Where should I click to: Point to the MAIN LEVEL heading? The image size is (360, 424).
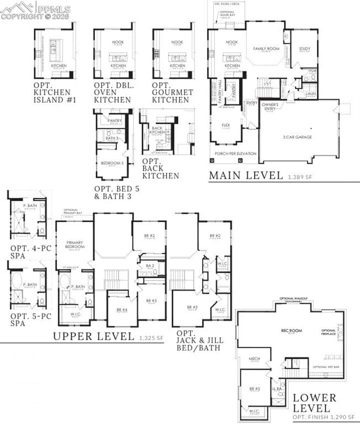click(x=246, y=176)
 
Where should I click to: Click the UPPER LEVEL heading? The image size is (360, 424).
click(x=93, y=336)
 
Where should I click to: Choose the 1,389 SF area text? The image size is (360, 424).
click(x=300, y=177)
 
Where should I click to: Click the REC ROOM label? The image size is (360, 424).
click(x=291, y=331)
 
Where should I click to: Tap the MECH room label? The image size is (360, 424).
click(x=254, y=359)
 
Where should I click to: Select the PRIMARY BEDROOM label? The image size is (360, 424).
click(x=75, y=245)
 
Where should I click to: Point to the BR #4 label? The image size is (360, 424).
click(x=121, y=310)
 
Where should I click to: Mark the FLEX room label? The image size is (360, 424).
click(x=226, y=125)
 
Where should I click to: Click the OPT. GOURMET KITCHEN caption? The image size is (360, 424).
click(x=173, y=93)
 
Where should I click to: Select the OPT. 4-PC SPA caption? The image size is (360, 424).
click(x=31, y=252)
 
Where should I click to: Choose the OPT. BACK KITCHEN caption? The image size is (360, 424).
click(x=160, y=167)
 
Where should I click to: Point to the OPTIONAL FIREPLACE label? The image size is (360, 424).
click(x=329, y=333)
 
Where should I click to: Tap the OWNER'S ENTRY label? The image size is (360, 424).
click(x=270, y=106)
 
